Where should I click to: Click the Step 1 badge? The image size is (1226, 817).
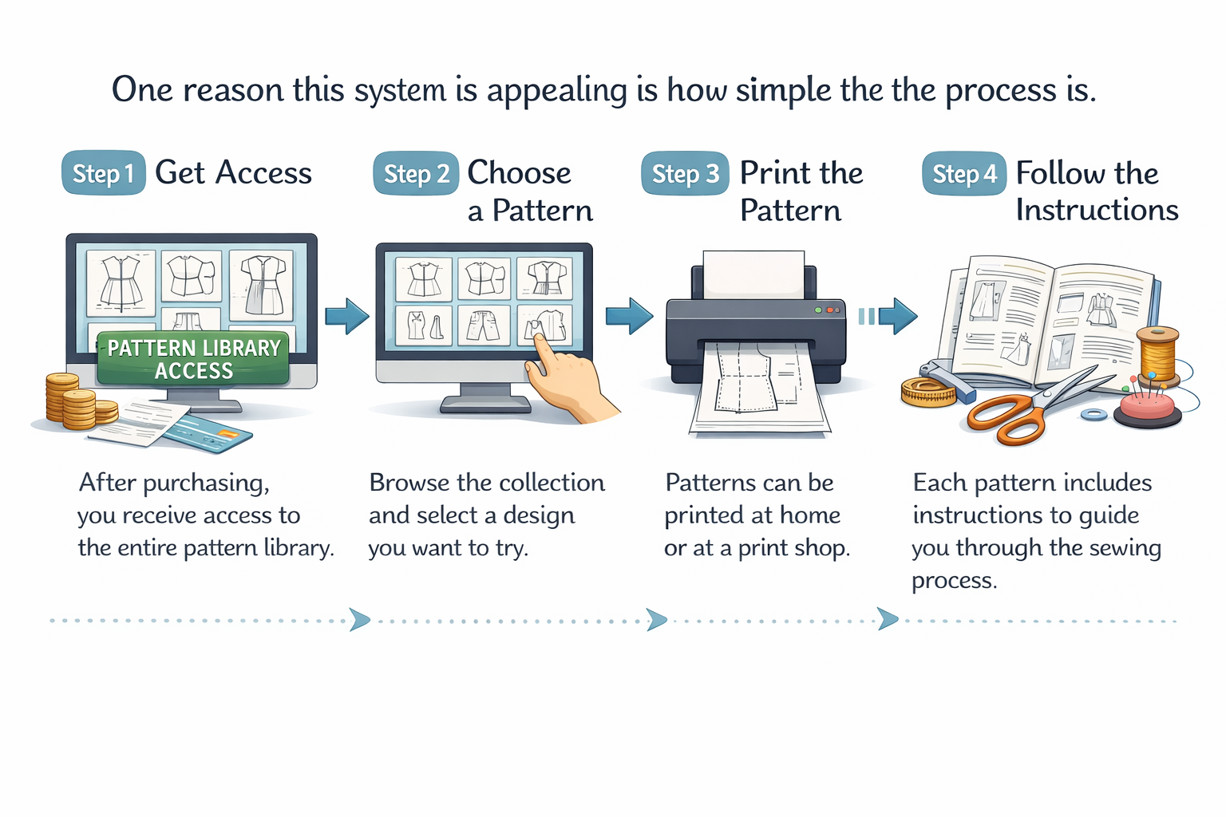coord(104,173)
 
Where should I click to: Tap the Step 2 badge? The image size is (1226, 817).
coord(416,173)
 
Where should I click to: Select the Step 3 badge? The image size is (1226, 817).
coord(685,173)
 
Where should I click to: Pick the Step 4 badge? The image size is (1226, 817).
coord(964,173)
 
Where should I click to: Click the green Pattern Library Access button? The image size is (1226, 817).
coord(193,359)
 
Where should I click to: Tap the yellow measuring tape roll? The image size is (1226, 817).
coord(927,392)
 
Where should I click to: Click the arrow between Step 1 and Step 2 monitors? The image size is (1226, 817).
coord(347,316)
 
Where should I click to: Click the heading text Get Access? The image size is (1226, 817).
coord(233,173)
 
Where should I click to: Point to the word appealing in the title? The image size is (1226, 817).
coord(557,90)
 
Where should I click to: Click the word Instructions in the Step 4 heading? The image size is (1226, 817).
coord(1097,210)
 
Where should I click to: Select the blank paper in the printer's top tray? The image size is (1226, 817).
coord(753,274)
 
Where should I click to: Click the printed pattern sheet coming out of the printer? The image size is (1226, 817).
coord(758,391)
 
